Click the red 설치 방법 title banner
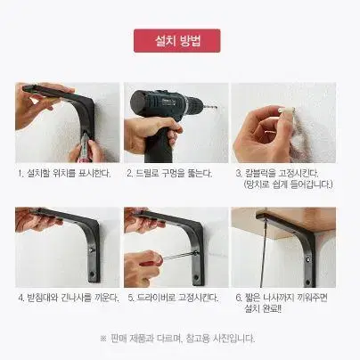pos(177,41)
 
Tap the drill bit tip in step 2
pos(217,107)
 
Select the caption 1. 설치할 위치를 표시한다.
pos(64,173)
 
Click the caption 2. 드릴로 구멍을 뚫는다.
pos(169,173)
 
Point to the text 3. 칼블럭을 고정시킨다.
pos(277,173)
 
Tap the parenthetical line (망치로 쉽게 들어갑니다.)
pos(288,184)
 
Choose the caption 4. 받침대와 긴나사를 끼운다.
pos(69,298)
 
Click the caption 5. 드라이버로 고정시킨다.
pos(173,298)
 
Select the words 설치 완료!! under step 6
pos(263,308)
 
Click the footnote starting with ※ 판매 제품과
pos(177,338)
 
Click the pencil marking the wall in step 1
pos(84,146)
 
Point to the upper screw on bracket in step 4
pos(91,250)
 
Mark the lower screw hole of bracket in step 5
pos(196,277)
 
